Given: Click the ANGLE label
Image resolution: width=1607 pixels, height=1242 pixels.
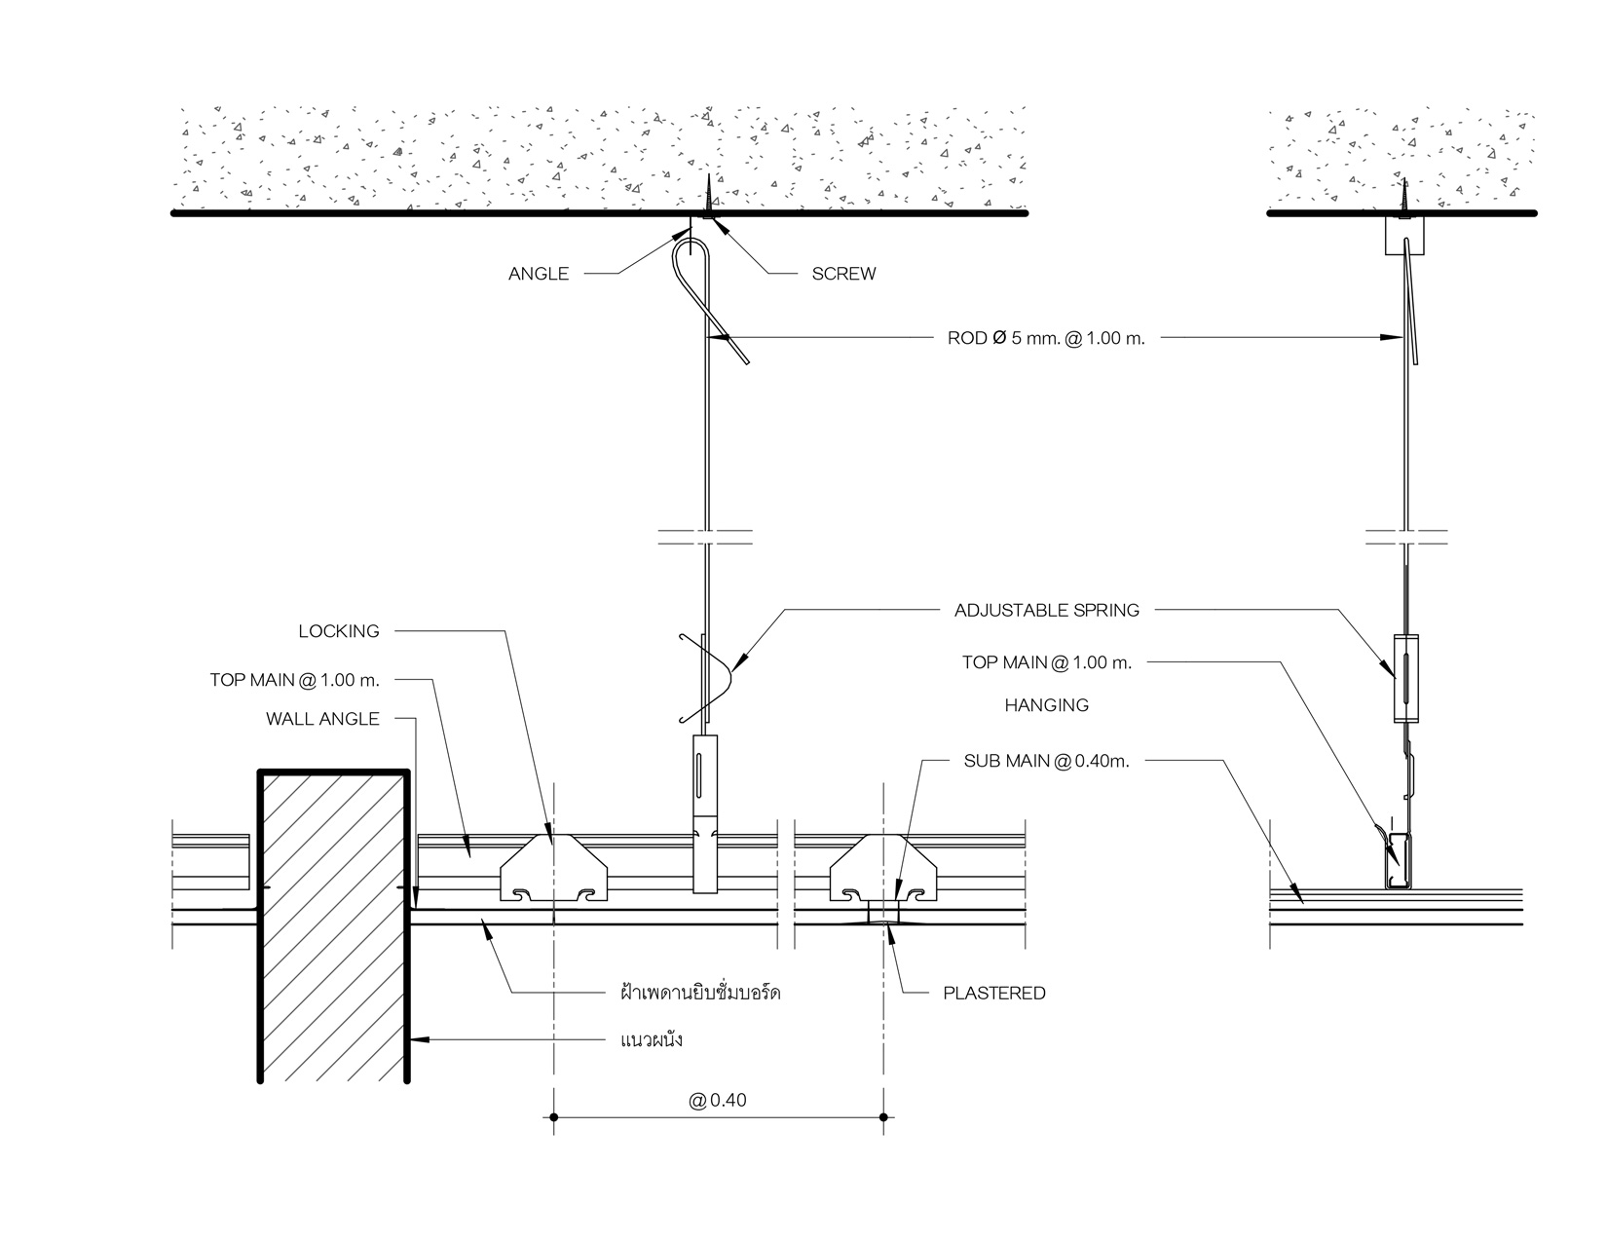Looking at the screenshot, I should point(538,274).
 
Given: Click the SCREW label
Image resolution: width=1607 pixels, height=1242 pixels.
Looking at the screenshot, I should point(843,274).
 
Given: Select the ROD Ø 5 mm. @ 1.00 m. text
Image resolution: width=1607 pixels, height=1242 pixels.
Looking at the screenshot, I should point(1045,339).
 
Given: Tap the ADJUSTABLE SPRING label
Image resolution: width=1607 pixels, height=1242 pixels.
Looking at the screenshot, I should point(1046,611).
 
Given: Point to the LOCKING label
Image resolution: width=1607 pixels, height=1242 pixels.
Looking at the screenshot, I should point(339,631).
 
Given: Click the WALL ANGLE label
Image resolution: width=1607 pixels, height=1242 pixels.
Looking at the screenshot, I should point(322,719).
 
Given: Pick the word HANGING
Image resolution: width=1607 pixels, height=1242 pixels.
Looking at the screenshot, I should point(1046,705).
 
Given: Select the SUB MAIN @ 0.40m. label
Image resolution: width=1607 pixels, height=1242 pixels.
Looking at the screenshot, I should point(1046,761).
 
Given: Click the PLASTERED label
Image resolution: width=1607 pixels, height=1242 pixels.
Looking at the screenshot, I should point(993,994).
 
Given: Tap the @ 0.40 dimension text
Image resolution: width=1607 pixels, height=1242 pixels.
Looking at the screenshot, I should point(718,1101).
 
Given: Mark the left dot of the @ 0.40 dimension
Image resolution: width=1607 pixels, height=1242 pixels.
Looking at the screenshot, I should point(553,1117).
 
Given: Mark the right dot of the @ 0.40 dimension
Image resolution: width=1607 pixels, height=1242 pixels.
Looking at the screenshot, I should point(883,1117).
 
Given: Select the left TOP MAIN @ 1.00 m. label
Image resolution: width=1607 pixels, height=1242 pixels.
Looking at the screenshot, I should point(294,679).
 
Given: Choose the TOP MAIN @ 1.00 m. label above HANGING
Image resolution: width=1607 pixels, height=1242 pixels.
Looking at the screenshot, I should point(1046,662).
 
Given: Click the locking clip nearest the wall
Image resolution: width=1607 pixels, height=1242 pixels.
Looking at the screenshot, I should point(552,869).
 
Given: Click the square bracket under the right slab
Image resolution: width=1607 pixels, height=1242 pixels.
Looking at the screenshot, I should point(1403,235).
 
